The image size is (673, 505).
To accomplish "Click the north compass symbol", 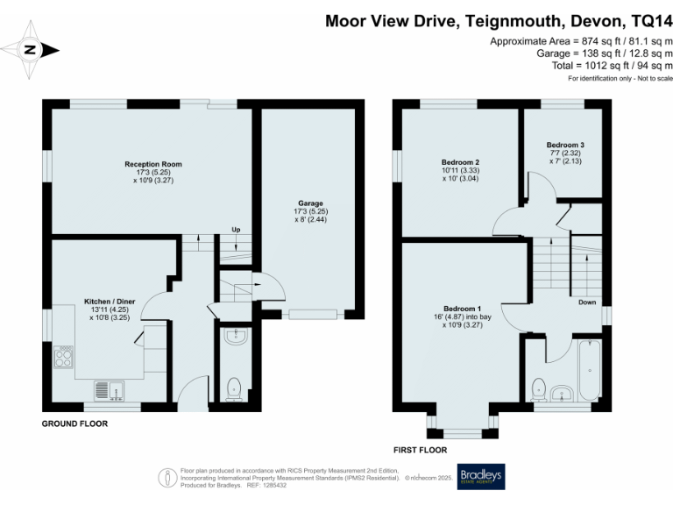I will pyautogui.click(x=30, y=50).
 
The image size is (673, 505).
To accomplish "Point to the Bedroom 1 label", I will pyautogui.click(x=464, y=309).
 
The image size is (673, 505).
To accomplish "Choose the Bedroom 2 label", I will pyautogui.click(x=460, y=162).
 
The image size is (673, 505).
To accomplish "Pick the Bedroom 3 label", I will pyautogui.click(x=565, y=145).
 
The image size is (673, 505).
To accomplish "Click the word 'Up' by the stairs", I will pyautogui.click(x=236, y=230).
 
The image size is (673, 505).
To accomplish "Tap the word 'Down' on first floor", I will pyautogui.click(x=587, y=302).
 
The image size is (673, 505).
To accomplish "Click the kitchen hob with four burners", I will pyautogui.click(x=65, y=356).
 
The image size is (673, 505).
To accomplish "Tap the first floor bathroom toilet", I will pyautogui.click(x=538, y=386).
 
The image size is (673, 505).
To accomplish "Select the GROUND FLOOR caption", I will pyautogui.click(x=75, y=423).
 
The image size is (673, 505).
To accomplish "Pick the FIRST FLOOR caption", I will pyautogui.click(x=422, y=450).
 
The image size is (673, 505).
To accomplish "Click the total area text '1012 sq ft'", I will pyautogui.click(x=597, y=65).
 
